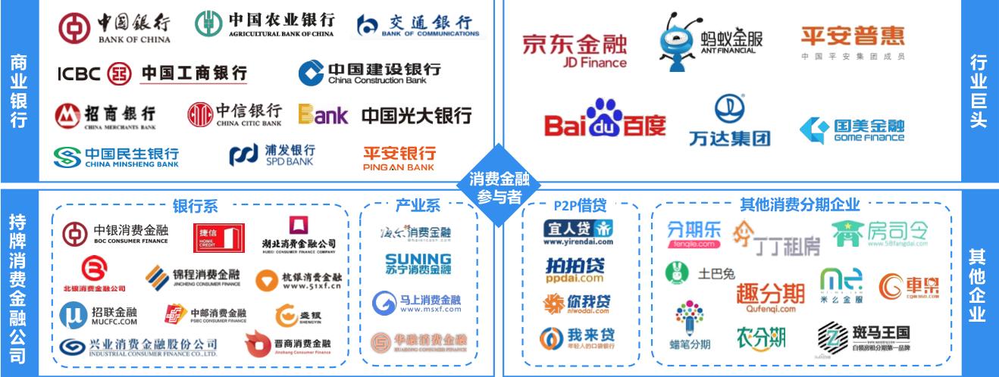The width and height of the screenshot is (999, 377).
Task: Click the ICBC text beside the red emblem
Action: [78, 73]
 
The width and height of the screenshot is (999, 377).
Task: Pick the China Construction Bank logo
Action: [369, 73]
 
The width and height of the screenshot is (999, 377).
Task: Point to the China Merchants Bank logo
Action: [105, 115]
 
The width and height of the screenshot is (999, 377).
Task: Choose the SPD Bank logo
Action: [273, 154]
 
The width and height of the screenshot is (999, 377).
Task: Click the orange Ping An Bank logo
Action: [399, 157]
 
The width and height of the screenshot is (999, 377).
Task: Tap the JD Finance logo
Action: [575, 50]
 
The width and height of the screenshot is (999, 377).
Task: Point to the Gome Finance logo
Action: [852, 130]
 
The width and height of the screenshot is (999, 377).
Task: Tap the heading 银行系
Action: [195, 206]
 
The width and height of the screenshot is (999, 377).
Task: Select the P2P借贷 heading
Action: [578, 205]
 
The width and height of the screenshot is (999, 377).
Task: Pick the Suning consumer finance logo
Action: [418, 263]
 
